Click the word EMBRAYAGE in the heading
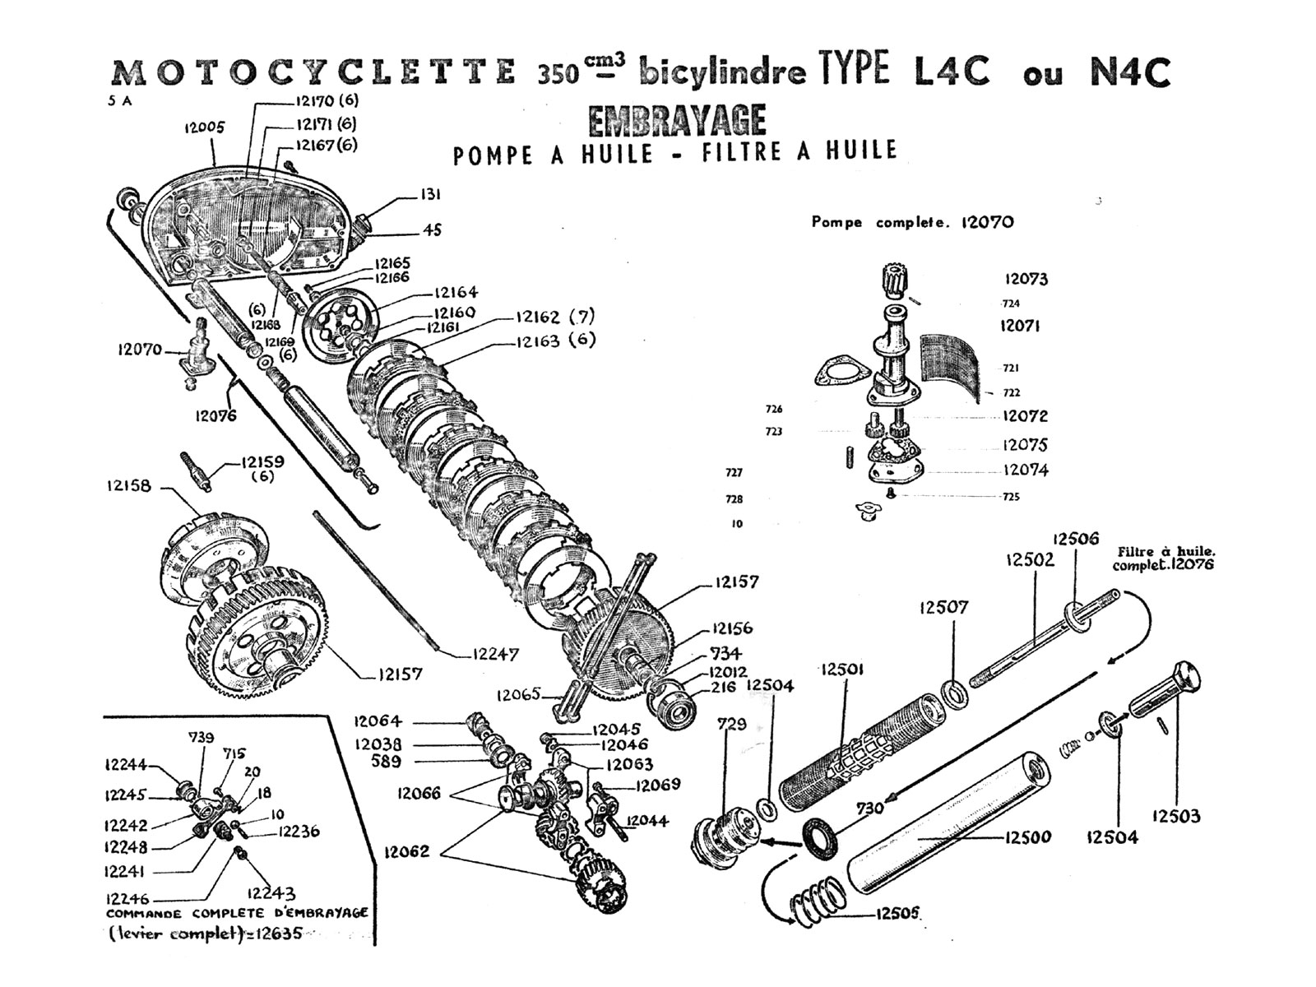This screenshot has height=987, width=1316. coord(677,121)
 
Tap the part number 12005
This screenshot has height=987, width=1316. coord(204,127)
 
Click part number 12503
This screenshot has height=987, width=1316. coord(1175,816)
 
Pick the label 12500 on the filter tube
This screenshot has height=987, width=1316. coord(1027,837)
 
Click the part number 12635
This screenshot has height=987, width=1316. coord(279,934)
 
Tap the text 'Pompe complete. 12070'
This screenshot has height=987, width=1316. coord(912,222)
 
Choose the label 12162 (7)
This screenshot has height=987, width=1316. coord(554,317)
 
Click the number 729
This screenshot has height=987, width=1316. coord(731,724)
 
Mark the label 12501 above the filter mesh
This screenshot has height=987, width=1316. coord(843,670)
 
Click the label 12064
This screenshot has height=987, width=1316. coord(378,721)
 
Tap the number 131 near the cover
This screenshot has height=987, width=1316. coord(430,195)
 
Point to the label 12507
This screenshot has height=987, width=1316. coord(943,607)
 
